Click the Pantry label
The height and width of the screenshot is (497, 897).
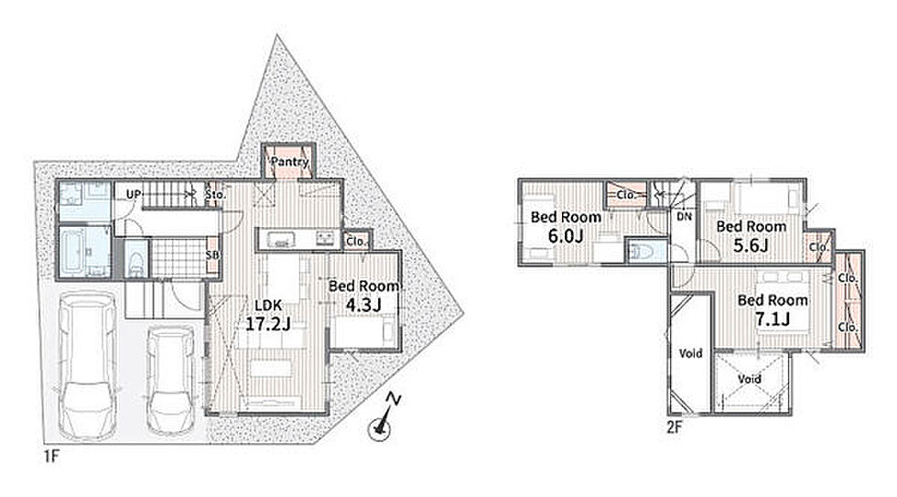pyautogui.click(x=289, y=162)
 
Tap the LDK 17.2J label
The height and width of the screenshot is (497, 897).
pyautogui.click(x=267, y=315)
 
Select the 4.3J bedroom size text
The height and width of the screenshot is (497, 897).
pyautogui.click(x=363, y=306)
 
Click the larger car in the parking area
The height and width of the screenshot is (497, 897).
pyautogui.click(x=88, y=365)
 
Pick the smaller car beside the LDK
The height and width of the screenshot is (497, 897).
pyautogui.click(x=170, y=380)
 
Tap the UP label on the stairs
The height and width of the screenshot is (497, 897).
pyautogui.click(x=134, y=194)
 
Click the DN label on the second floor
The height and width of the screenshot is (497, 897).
pyautogui.click(x=685, y=217)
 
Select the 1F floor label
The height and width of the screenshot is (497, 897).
pyautogui.click(x=51, y=457)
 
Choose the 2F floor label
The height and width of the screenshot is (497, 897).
pyautogui.click(x=675, y=427)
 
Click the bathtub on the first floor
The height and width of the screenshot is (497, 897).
pyautogui.click(x=74, y=252)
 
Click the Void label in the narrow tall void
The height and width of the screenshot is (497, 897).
pyautogui.click(x=690, y=353)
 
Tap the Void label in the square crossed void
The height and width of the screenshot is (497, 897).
pyautogui.click(x=749, y=379)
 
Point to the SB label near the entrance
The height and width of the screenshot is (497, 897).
pyautogui.click(x=212, y=255)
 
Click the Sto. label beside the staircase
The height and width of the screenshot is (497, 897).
pyautogui.click(x=216, y=194)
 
